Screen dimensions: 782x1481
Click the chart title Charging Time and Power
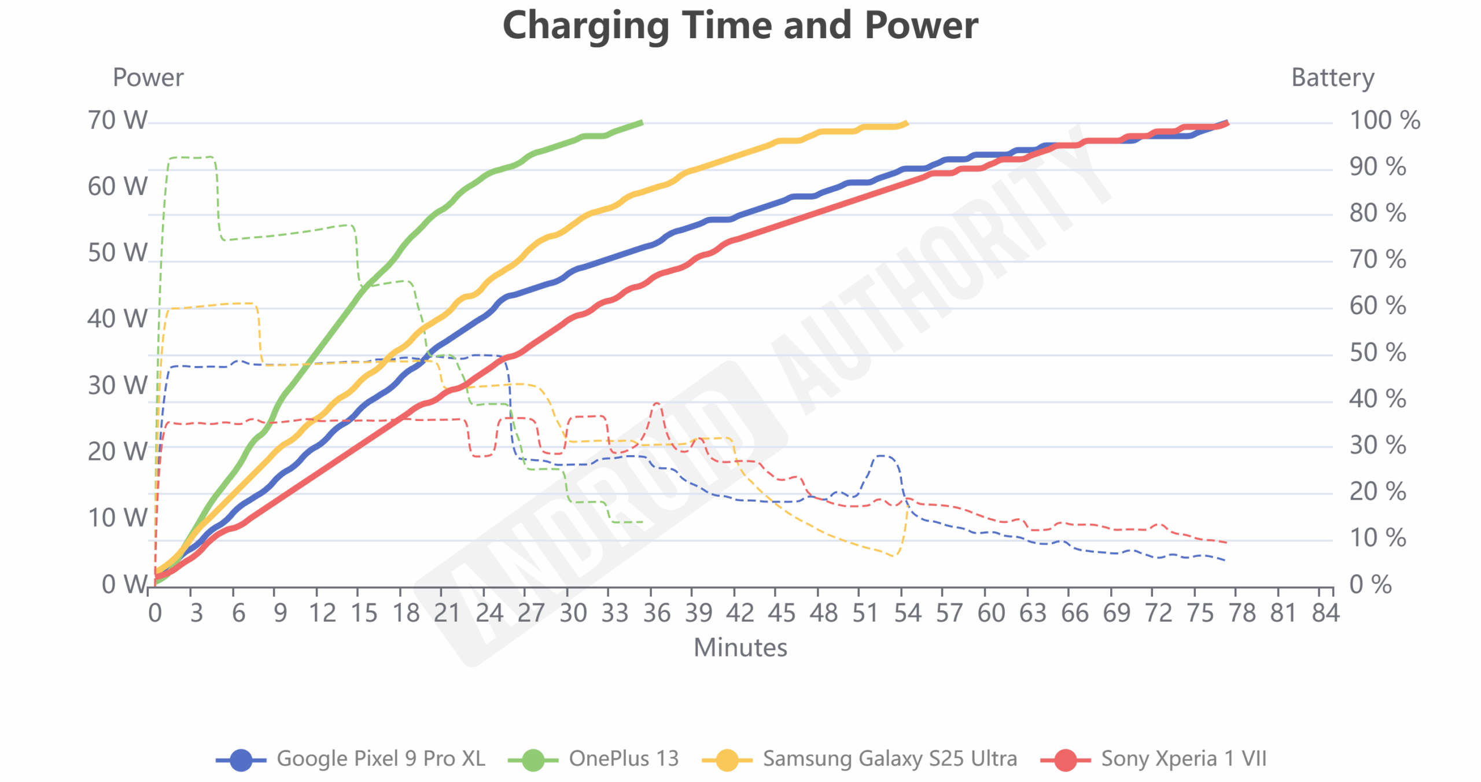click(740, 25)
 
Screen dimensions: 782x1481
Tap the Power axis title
click(148, 78)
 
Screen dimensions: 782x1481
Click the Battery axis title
click(1332, 78)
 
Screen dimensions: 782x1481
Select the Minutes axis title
click(740, 647)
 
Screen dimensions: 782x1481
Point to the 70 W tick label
click(117, 120)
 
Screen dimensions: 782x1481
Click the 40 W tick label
click(117, 319)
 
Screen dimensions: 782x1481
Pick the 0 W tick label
click(124, 584)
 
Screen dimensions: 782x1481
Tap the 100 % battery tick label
click(1384, 120)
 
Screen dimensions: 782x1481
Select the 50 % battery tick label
click(1377, 352)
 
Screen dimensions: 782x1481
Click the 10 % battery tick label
click(1377, 538)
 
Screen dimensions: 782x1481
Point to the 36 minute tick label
click(657, 613)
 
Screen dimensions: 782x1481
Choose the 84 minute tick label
click(1325, 613)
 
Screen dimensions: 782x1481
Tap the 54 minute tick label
click(907, 613)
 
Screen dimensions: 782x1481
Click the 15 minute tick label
click(364, 613)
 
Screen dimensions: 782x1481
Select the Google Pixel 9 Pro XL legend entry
click(351, 758)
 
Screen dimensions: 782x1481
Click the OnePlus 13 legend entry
click(594, 758)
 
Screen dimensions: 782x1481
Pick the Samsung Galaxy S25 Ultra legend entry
click(860, 758)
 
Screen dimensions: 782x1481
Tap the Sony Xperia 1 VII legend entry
click(1154, 758)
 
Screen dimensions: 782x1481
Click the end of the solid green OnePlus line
click(642, 123)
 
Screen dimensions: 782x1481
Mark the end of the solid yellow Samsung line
click(907, 123)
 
